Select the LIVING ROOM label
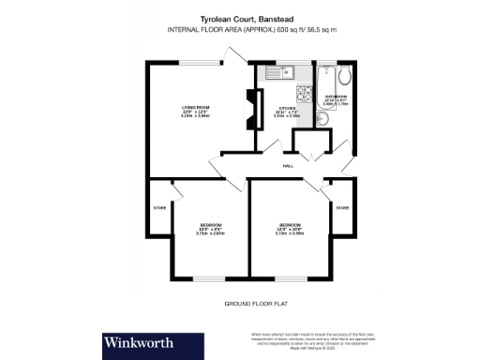click(x=194, y=108)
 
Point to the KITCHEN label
click(x=287, y=109)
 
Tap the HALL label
click(x=288, y=166)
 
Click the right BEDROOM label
click(x=289, y=226)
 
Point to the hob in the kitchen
click(x=304, y=94)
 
